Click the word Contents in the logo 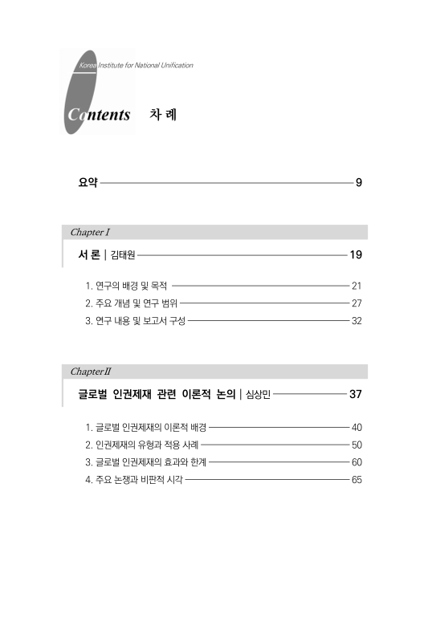click(x=99, y=115)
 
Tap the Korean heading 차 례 click(x=163, y=114)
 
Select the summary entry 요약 click(x=88, y=183)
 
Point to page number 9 click(x=359, y=183)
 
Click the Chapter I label click(x=90, y=232)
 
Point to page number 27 click(x=357, y=303)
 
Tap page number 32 click(x=357, y=321)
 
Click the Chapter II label click(x=91, y=372)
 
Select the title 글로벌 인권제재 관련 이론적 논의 click(x=156, y=395)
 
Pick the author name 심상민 click(x=258, y=396)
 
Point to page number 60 click(x=357, y=462)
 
